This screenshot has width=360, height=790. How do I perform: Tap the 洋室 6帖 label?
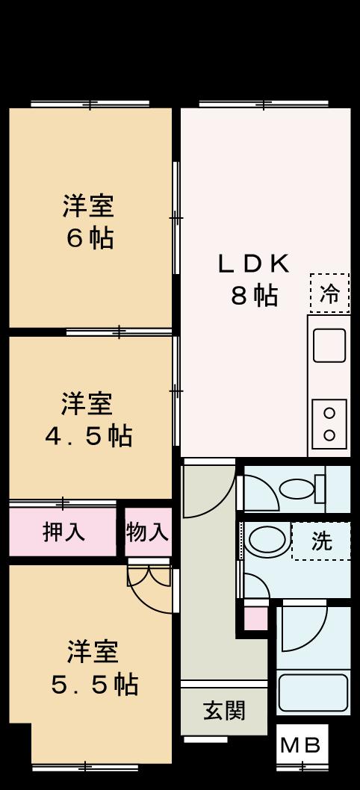[x=89, y=221]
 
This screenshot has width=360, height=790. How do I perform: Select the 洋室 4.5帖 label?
[x=88, y=419]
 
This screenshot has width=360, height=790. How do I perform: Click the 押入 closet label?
[x=63, y=532]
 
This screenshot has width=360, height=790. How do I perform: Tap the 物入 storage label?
[x=148, y=532]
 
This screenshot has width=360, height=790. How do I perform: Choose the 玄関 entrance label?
[x=224, y=710]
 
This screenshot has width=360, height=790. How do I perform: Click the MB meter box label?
[x=301, y=745]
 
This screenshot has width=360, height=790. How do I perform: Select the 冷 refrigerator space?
[x=329, y=293]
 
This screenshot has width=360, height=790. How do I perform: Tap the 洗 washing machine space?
[x=321, y=541]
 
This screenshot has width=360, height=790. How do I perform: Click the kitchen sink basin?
[x=329, y=346]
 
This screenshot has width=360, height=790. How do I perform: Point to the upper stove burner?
[x=329, y=413]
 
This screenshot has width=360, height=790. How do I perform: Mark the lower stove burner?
[x=329, y=434]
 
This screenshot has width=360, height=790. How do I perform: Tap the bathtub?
[x=314, y=694]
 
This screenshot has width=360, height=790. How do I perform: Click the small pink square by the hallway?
[x=256, y=618]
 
